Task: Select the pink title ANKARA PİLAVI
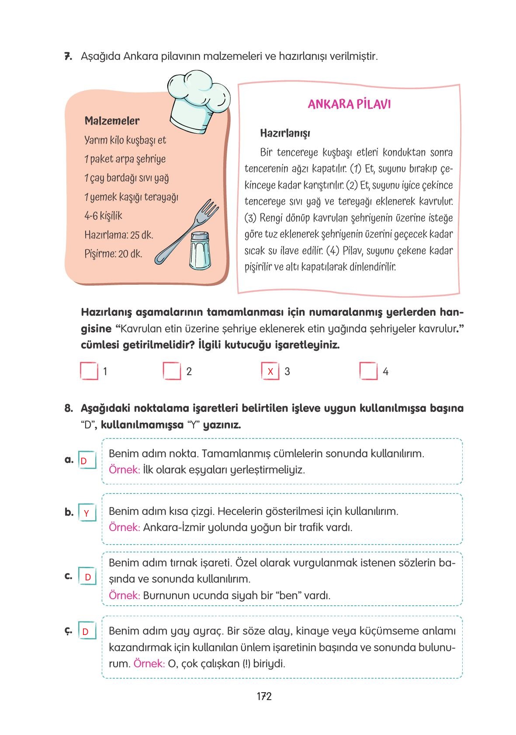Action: (x=349, y=104)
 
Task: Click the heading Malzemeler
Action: (x=112, y=121)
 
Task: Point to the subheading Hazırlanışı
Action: (x=285, y=133)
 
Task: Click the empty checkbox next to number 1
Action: (x=89, y=371)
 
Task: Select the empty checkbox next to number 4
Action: (x=368, y=371)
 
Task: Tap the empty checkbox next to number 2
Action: (x=172, y=371)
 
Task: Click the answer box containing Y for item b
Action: (x=87, y=513)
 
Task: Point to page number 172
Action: (x=264, y=696)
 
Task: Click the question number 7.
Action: (x=68, y=56)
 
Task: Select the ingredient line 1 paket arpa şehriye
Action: (x=125, y=159)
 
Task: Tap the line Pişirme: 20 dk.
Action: (x=113, y=254)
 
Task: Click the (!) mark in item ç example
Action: (x=247, y=664)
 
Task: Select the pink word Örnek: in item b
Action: (x=124, y=527)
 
